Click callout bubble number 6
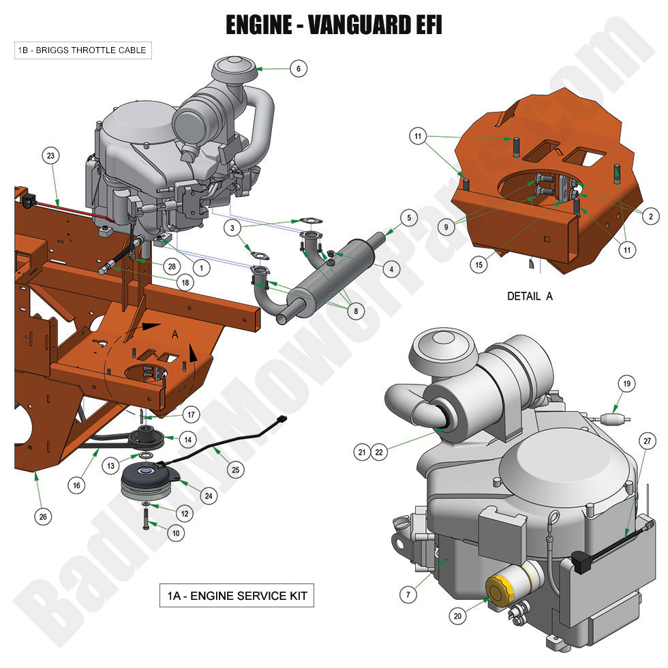(x=298, y=68)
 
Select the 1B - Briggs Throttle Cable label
(x=80, y=50)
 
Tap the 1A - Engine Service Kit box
(x=236, y=596)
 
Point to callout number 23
(x=50, y=156)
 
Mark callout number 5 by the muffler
(x=408, y=218)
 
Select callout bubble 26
(x=43, y=517)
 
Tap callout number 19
(x=626, y=384)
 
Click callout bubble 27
(x=645, y=442)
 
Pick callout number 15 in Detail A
(x=480, y=264)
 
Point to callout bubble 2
(x=650, y=217)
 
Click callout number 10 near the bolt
(x=176, y=534)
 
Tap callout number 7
(x=408, y=594)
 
